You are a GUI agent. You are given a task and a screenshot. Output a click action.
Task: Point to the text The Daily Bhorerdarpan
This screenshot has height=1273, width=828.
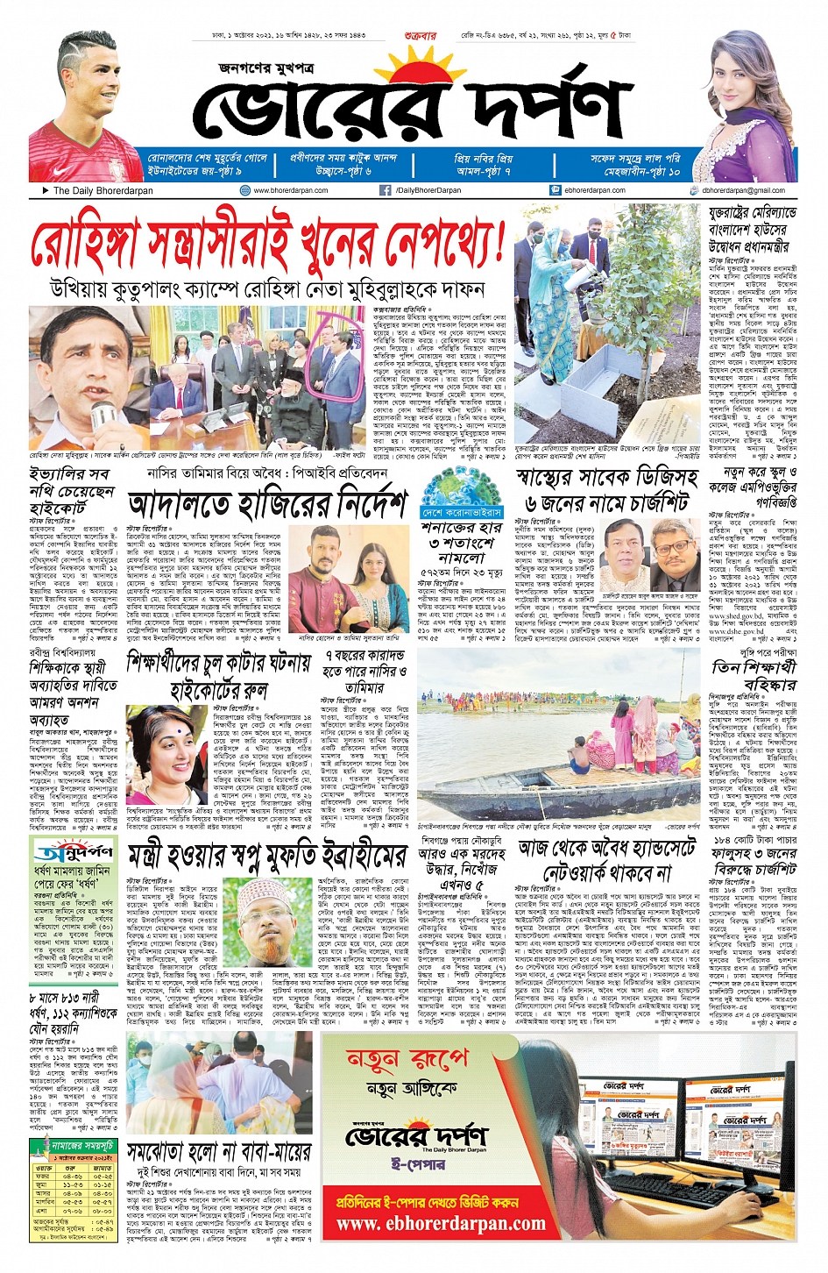103,190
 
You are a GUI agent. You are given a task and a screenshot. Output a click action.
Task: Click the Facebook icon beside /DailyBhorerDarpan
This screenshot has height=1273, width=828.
385,190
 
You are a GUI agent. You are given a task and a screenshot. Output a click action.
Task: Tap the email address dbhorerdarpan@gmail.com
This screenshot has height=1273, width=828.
743,190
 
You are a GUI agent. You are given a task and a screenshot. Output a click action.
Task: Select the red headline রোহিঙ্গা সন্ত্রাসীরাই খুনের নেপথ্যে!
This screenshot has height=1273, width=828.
267,244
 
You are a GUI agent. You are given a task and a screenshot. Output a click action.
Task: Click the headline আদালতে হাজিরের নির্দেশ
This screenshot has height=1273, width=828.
267,505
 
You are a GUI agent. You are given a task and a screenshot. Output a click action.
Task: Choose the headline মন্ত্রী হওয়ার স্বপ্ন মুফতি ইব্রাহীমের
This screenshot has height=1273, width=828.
267,856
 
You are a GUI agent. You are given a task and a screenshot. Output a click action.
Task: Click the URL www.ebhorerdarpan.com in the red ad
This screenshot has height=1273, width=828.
441,1223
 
